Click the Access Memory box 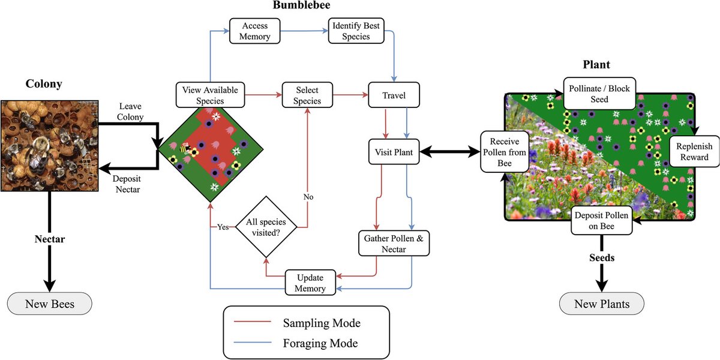[x=256, y=31]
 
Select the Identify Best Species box [x=356, y=31]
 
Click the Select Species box [x=307, y=95]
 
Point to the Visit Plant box [x=394, y=152]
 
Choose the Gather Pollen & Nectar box [x=394, y=244]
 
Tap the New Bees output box [x=50, y=304]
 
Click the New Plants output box [x=602, y=304]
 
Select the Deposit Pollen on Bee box [x=602, y=221]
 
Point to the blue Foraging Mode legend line [x=251, y=344]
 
